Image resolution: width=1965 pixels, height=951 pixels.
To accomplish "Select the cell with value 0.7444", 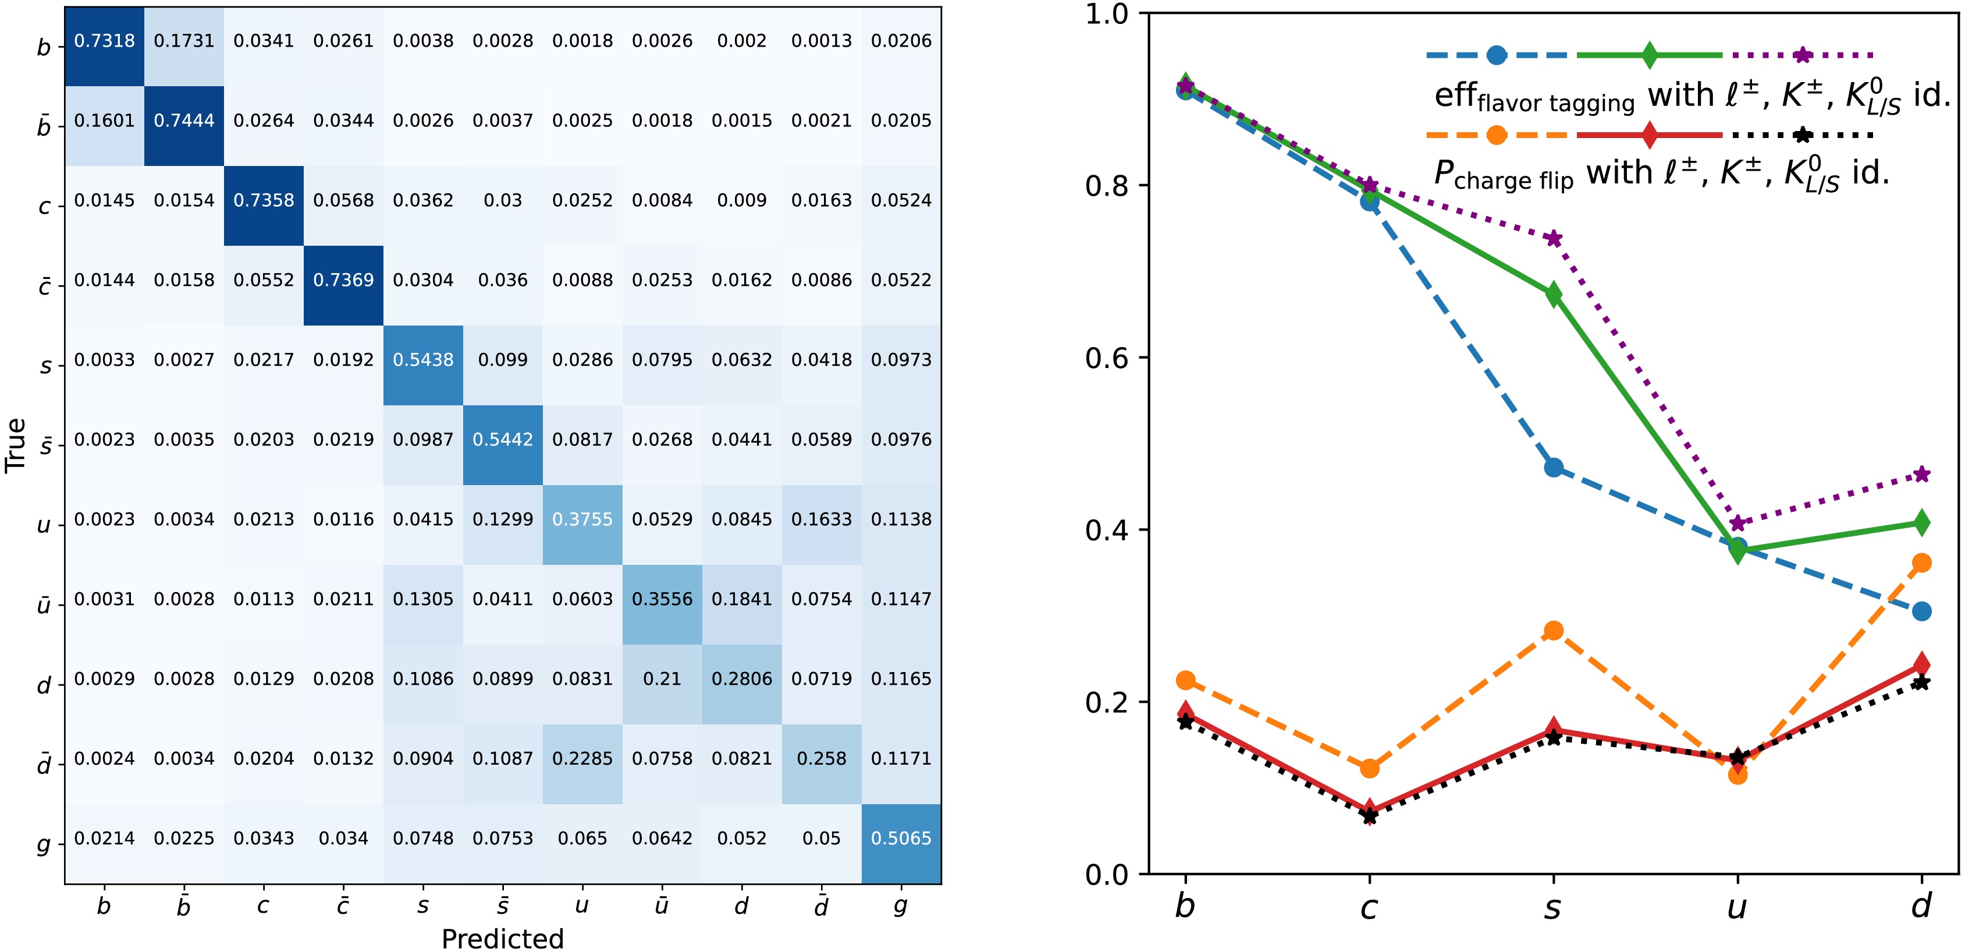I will pyautogui.click(x=184, y=121).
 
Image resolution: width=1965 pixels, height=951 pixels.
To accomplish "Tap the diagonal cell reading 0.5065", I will pyautogui.click(x=901, y=838).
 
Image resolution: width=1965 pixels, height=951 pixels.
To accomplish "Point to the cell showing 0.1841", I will pyautogui.click(x=741, y=599).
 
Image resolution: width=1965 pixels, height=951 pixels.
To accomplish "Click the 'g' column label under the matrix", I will pyautogui.click(x=901, y=906).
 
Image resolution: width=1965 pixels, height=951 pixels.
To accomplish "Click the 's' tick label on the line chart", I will pyautogui.click(x=1553, y=907).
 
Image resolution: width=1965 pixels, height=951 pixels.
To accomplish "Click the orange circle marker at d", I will pyautogui.click(x=1921, y=563).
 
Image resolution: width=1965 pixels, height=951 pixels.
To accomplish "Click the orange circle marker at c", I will pyautogui.click(x=1370, y=768).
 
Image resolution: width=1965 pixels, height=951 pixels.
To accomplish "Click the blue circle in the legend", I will pyautogui.click(x=1497, y=55).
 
